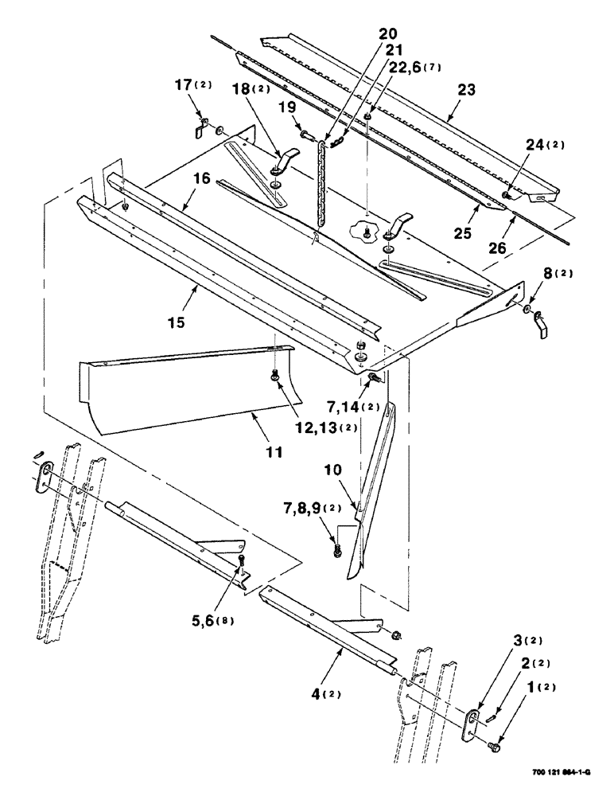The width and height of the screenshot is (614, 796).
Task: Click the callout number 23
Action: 466,91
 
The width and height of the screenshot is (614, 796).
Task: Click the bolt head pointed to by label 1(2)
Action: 494,744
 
